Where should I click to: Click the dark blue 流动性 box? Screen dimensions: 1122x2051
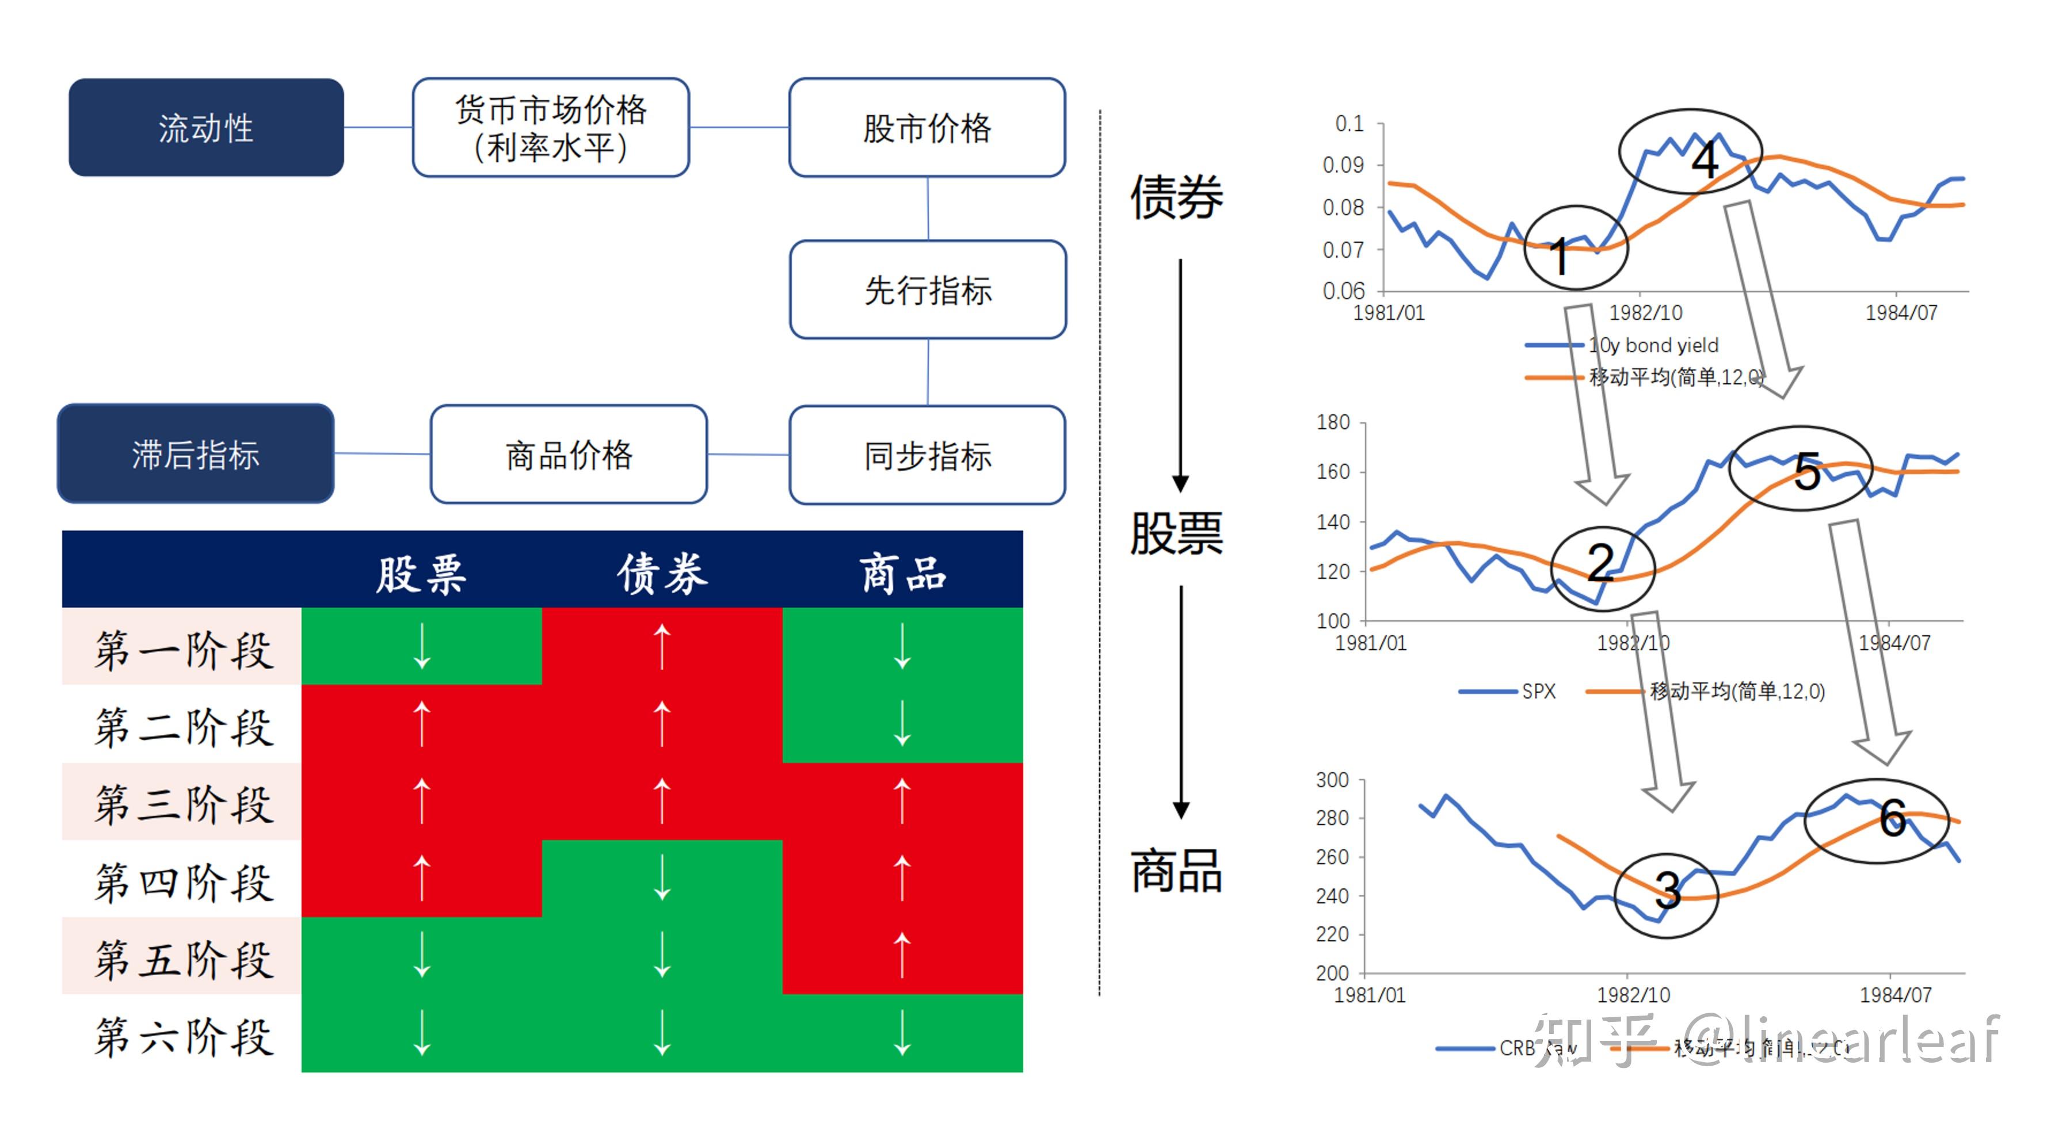tap(206, 127)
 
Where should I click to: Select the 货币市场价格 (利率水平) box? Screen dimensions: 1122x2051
tap(551, 127)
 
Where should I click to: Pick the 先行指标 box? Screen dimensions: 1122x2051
tap(928, 290)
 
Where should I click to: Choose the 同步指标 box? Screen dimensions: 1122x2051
tap(928, 456)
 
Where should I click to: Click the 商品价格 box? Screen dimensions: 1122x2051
tap(569, 455)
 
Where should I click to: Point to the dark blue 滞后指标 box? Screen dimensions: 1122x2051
tap(196, 454)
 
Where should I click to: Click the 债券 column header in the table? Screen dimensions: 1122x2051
tap(662, 573)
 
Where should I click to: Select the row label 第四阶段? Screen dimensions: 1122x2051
tap(183, 881)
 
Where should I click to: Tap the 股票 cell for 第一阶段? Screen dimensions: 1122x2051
tap(422, 646)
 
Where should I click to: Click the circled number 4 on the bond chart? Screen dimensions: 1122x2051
tap(1704, 160)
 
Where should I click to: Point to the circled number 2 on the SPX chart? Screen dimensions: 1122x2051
tap(1600, 562)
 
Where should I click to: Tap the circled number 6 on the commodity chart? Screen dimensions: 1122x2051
tap(1893, 818)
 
